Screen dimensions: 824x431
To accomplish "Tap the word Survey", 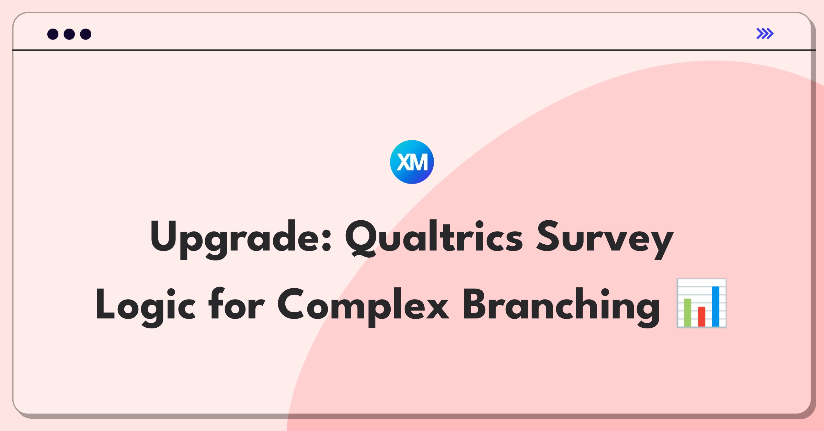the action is [x=605, y=240].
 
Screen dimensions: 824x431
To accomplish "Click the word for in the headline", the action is [x=237, y=303].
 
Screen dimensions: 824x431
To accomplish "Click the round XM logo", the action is [x=412, y=162].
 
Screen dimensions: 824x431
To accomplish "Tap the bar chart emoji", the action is [x=701, y=303].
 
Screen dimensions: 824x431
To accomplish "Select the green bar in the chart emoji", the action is [x=688, y=312].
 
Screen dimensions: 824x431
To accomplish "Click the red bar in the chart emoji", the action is [x=701, y=316].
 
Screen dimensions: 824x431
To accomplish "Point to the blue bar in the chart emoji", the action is [x=716, y=306].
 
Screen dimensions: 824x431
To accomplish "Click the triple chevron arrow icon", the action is [x=765, y=34].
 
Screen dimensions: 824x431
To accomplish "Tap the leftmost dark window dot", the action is [x=53, y=34].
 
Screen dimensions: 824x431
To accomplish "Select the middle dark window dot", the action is [x=69, y=34].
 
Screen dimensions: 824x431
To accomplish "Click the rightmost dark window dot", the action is [x=86, y=34].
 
